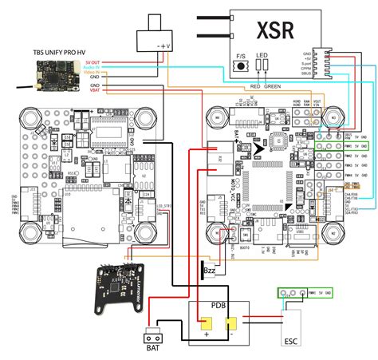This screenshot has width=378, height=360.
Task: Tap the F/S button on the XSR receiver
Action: coord(242,66)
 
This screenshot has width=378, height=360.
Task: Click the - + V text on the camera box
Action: coord(165,45)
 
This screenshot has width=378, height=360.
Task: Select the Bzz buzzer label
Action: coord(211,271)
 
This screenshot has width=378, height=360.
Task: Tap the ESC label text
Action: coord(293,339)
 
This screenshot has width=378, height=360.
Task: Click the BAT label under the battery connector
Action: coord(153,349)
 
